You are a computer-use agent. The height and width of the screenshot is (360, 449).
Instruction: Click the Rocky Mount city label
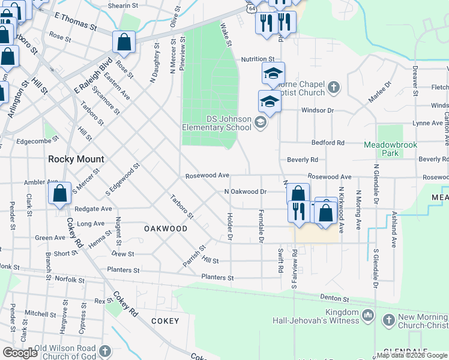[76, 159]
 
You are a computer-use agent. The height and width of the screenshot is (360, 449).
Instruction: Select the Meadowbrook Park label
[390, 149]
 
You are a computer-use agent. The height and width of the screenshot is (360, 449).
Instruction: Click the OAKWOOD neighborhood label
[165, 229]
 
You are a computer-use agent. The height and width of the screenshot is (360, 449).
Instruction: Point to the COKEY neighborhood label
[165, 321]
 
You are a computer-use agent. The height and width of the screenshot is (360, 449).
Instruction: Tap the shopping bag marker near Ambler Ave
[59, 194]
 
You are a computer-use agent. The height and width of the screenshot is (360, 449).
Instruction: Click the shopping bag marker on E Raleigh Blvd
[124, 43]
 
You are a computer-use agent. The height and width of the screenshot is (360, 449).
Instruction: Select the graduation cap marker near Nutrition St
[273, 74]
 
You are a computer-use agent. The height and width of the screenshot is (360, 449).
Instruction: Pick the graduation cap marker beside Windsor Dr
[270, 102]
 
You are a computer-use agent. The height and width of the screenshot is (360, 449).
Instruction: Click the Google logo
[20, 353]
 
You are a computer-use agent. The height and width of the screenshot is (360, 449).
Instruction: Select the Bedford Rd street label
[328, 143]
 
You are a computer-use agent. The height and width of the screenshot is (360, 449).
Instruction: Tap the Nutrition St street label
[258, 59]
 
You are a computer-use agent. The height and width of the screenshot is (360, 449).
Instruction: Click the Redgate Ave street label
[94, 209]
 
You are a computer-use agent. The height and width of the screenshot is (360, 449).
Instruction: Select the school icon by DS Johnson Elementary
[260, 123]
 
